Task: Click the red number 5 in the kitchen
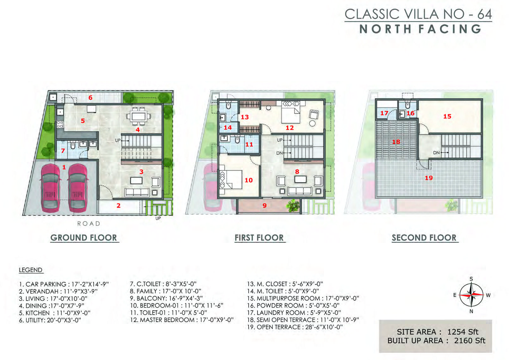coord(83,121)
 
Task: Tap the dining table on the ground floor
coord(139,116)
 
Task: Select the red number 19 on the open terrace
coord(429,178)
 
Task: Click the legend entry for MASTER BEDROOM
coord(182,320)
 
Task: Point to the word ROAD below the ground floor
coord(89,224)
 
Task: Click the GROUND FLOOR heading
coord(84,238)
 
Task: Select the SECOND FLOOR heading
coord(424,238)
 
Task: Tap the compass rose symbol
coord(471,295)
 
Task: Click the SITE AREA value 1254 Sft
coord(462,332)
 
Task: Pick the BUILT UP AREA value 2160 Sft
coord(470,341)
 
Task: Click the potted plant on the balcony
coord(293,205)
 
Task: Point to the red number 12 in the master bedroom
coord(290,128)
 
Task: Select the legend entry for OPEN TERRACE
coord(295,327)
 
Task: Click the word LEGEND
coord(31,270)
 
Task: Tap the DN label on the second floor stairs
coord(436,153)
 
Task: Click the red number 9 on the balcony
coord(264,206)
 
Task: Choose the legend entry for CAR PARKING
coord(64,284)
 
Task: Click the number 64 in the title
coord(484,14)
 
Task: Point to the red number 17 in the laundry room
coord(384,113)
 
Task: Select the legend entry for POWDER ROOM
coord(293,306)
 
